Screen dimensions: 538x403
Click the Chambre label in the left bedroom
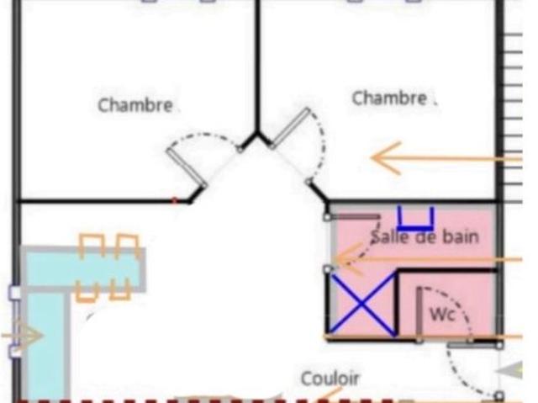click(x=135, y=105)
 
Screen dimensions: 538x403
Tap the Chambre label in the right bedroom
click(x=390, y=98)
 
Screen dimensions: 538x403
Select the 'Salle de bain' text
click(x=425, y=237)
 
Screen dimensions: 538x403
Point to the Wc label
click(x=443, y=314)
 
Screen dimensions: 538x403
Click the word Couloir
click(x=330, y=379)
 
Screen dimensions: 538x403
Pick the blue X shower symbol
click(x=361, y=304)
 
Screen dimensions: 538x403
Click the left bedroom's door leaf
click(x=186, y=167)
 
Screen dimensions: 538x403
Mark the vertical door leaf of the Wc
click(x=419, y=314)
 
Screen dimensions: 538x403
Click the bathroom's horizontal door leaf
click(x=354, y=217)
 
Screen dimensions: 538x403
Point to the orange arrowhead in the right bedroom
click(x=387, y=158)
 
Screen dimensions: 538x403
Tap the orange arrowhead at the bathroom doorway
click(x=347, y=259)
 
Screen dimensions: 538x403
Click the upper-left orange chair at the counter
click(x=92, y=245)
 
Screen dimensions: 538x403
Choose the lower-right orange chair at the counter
click(x=120, y=289)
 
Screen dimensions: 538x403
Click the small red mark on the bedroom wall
click(x=174, y=200)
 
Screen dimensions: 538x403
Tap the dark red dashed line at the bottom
click(x=204, y=400)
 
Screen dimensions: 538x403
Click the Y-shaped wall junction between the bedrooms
click(x=256, y=135)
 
